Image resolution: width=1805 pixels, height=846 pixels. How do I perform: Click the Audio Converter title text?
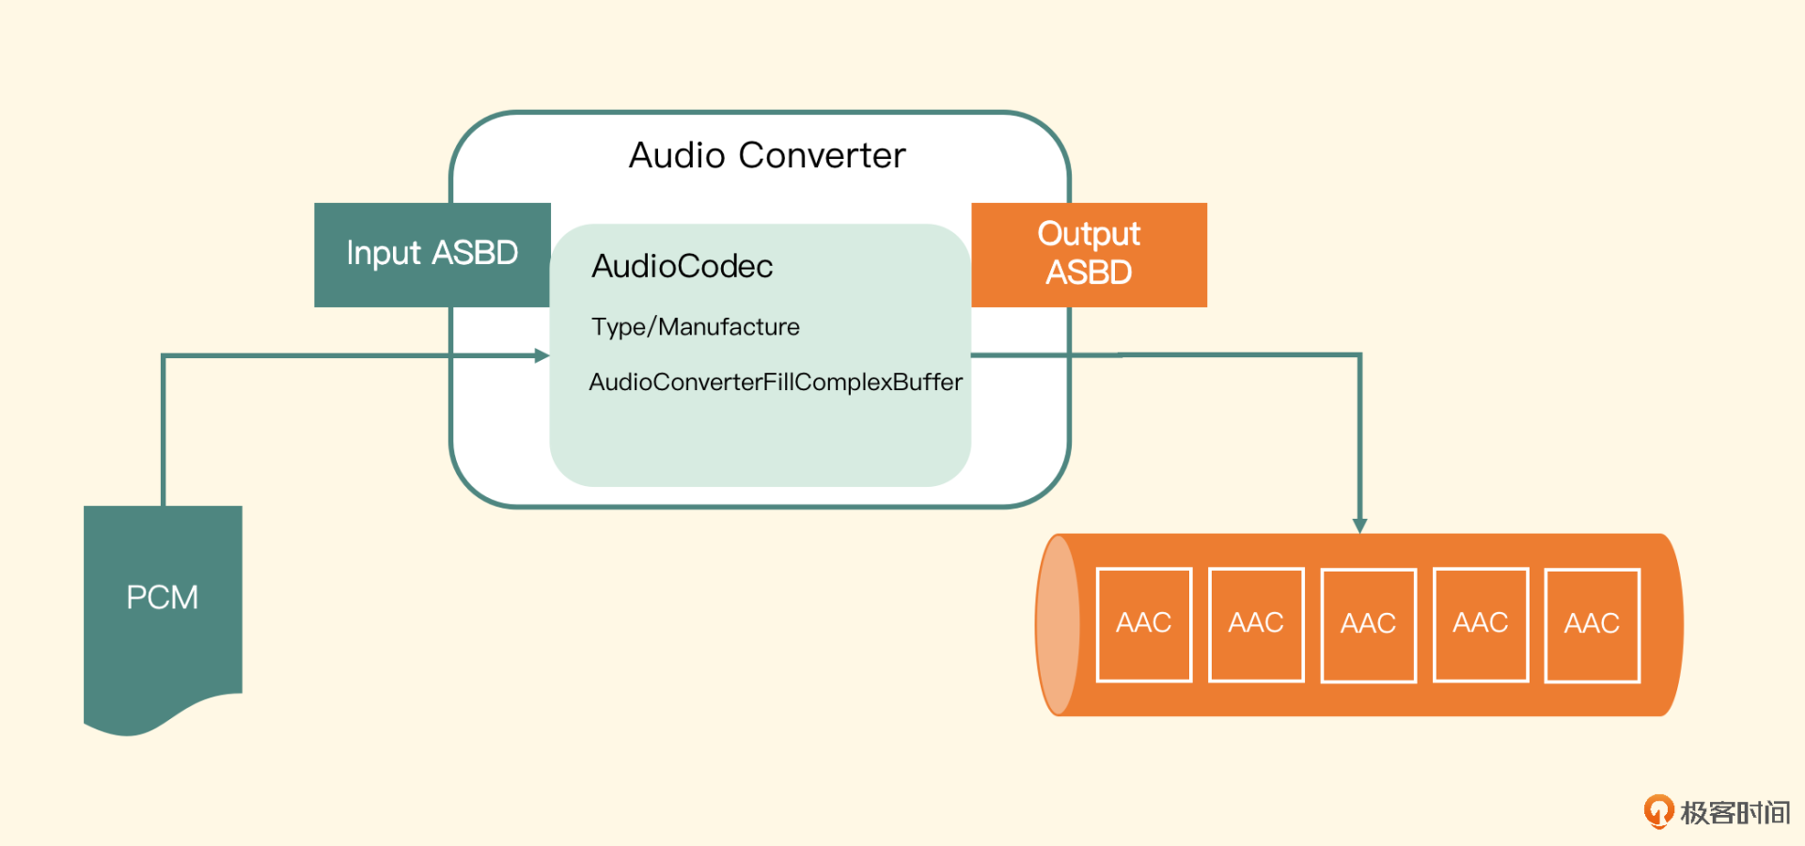(767, 155)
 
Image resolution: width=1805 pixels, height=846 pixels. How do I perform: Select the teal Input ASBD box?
(432, 254)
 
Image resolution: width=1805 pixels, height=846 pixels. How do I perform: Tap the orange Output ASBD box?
(1089, 254)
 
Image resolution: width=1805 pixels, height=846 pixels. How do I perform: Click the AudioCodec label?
(682, 267)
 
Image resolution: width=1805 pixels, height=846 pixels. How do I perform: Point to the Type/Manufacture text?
(695, 327)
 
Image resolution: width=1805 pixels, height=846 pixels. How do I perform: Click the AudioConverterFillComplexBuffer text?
(776, 383)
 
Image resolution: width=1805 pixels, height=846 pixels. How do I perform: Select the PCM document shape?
(163, 602)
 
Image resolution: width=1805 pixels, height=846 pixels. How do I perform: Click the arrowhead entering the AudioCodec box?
(542, 355)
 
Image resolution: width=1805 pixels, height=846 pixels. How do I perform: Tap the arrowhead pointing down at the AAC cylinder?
(1359, 525)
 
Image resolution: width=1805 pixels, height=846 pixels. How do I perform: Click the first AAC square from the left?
(1143, 624)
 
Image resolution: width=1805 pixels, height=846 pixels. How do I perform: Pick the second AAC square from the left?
(1256, 624)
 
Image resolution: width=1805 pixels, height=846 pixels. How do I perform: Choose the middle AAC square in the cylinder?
(1368, 625)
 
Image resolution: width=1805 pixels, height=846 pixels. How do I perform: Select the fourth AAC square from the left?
(1480, 624)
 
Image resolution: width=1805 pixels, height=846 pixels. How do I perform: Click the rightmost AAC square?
(1592, 625)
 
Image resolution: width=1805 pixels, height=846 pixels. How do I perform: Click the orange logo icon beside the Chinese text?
(1658, 811)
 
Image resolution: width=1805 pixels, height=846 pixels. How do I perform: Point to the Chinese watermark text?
(1735, 812)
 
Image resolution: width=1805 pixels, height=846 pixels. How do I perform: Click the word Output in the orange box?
(1089, 234)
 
